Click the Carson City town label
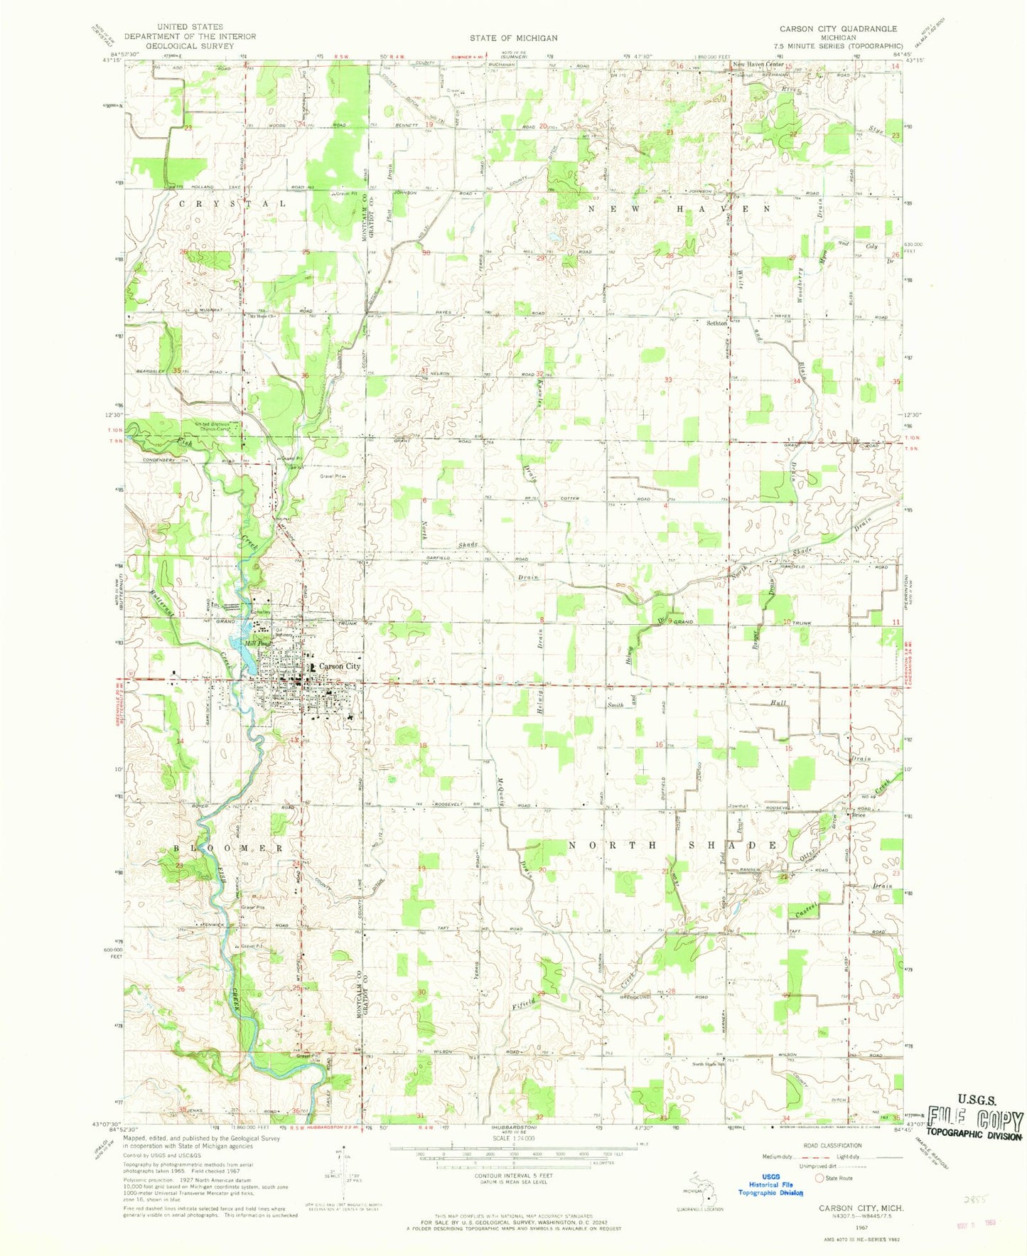tap(340, 666)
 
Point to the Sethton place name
tap(716, 323)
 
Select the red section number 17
tap(544, 746)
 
